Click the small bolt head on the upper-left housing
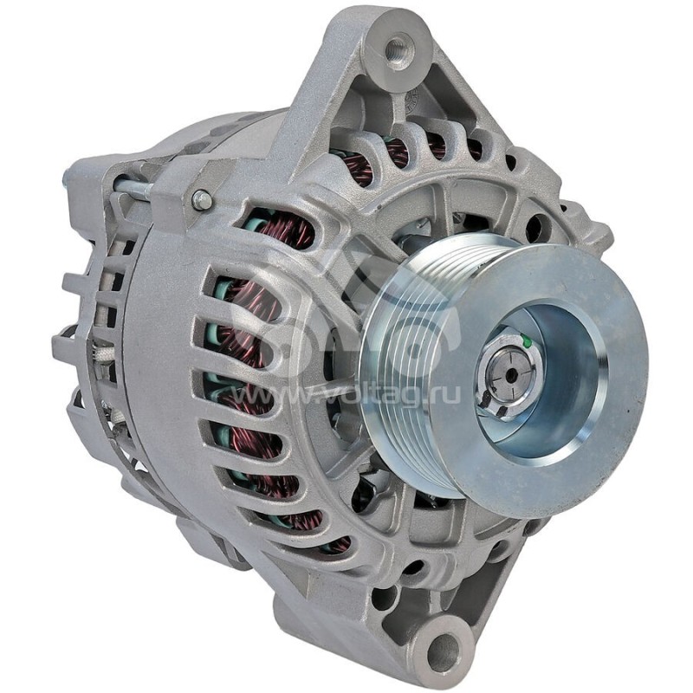[202, 200]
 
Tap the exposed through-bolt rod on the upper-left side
[130, 185]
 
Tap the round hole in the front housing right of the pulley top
[537, 227]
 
